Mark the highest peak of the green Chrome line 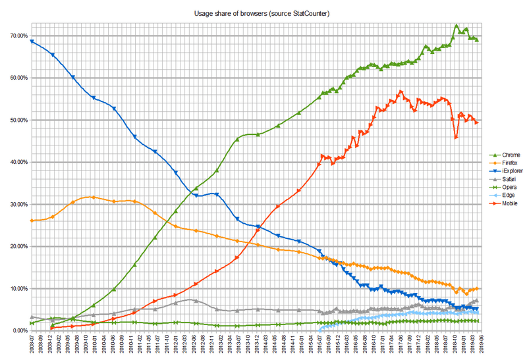457,26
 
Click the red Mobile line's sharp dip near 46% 456,137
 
